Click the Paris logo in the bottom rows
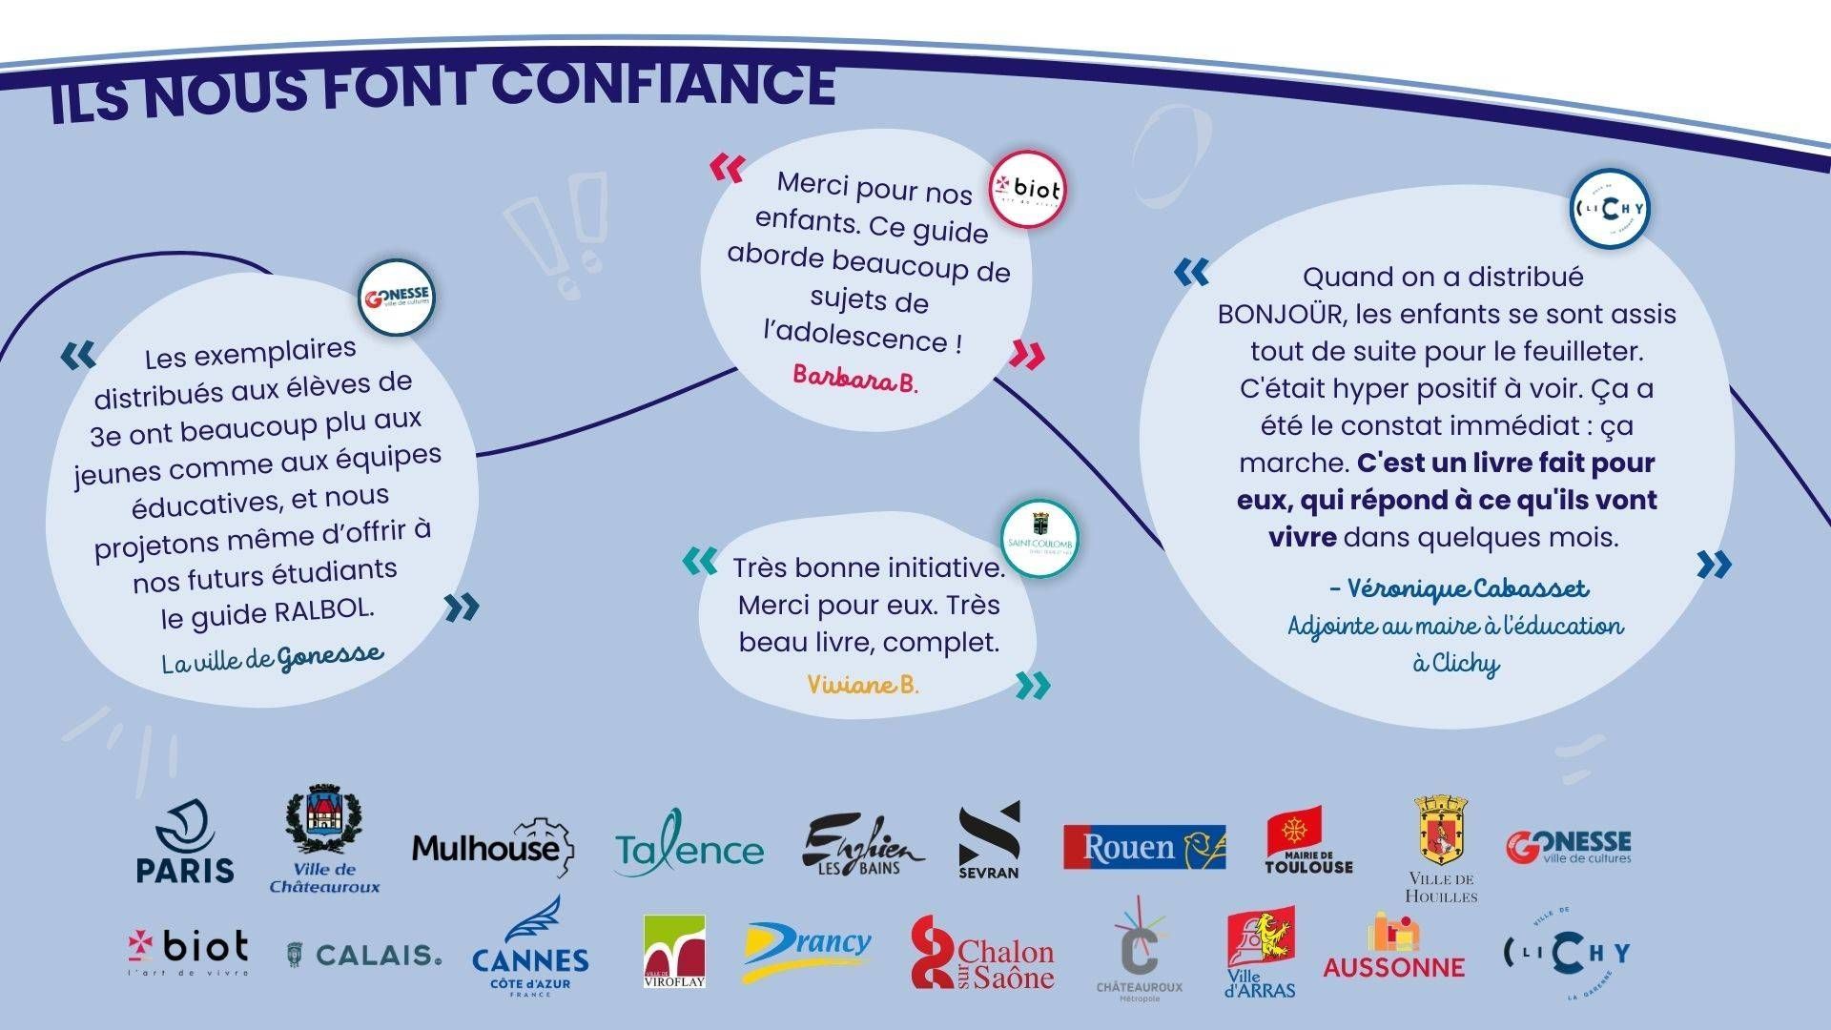[185, 841]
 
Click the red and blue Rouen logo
[1144, 847]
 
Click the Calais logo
[365, 954]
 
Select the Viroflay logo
[674, 951]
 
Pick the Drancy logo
[808, 950]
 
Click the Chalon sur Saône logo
[982, 953]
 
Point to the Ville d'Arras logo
[1261, 954]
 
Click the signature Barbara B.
[854, 379]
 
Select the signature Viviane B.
[862, 685]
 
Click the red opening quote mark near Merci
[728, 169]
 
